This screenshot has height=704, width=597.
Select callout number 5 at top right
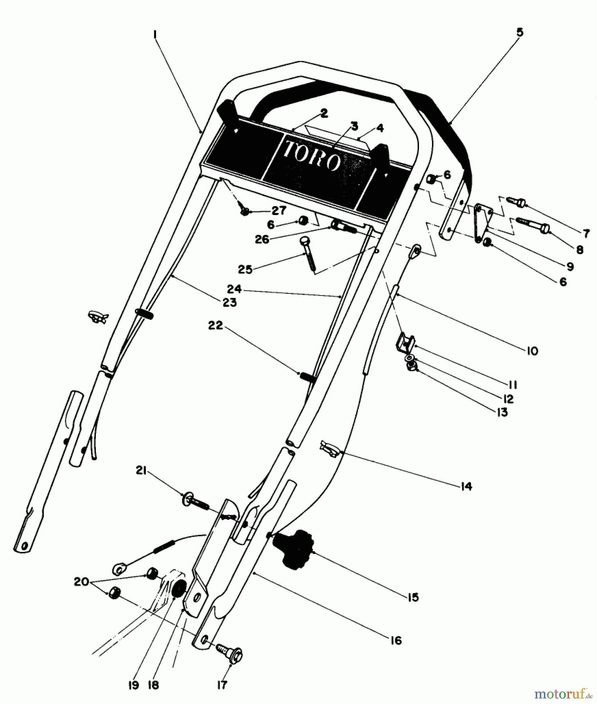[x=519, y=32]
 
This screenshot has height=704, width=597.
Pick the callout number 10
[x=532, y=351]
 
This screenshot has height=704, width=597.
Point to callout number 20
[x=82, y=582]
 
